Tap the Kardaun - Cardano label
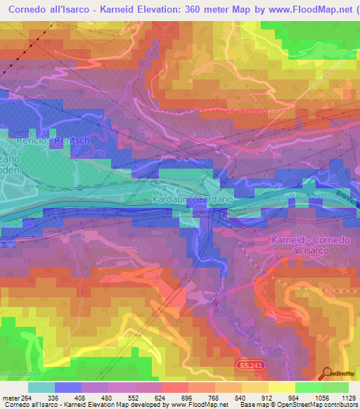192,200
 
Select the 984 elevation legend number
285,396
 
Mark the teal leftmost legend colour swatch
41,387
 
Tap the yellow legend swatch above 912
257,387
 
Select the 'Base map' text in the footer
251,405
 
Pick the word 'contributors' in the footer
338,405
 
